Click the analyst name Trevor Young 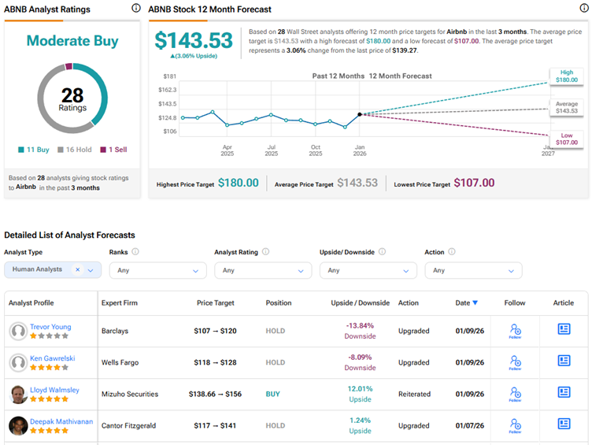[x=50, y=326]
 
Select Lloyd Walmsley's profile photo [x=18, y=394]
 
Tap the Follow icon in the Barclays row [x=515, y=331]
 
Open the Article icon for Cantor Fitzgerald [x=564, y=424]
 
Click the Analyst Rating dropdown [x=259, y=270]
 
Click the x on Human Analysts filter [x=77, y=269]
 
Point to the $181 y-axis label [x=169, y=76]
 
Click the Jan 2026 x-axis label [x=359, y=150]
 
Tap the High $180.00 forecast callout [x=567, y=76]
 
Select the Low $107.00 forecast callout [x=567, y=139]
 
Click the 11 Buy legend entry [x=33, y=150]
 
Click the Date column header [x=466, y=302]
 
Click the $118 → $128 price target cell [x=215, y=362]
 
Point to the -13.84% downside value [x=360, y=325]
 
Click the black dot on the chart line [x=360, y=114]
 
